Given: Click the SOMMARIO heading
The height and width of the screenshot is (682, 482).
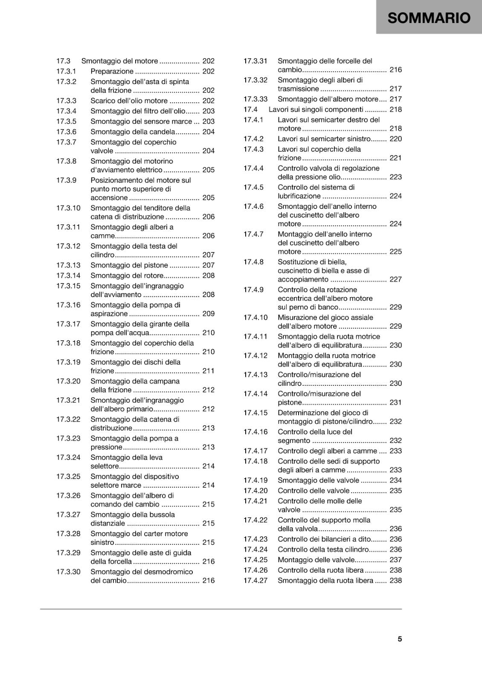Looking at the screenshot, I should (x=429, y=18).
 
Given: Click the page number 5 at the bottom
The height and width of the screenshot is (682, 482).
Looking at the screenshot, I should (x=400, y=639).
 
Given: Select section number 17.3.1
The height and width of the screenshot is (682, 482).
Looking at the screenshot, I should (x=66, y=71).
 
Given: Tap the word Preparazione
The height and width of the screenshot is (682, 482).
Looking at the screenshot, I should (x=112, y=71).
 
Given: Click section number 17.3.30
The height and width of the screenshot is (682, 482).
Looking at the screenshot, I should (x=68, y=572).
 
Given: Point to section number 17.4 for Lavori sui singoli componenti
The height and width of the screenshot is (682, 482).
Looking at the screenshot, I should (x=250, y=109).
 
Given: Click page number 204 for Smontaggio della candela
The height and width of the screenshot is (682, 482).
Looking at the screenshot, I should (x=209, y=132).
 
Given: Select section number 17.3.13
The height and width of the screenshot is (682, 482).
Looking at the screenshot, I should (x=68, y=265).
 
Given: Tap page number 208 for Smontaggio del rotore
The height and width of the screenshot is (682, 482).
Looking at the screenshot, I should (x=209, y=275).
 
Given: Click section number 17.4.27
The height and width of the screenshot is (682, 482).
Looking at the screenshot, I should (x=256, y=580).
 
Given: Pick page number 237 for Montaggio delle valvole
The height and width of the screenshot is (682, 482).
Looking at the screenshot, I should (x=396, y=560).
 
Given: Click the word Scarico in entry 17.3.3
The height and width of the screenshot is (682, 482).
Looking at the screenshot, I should (x=104, y=101).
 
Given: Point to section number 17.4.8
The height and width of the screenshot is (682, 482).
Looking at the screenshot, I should (x=253, y=262).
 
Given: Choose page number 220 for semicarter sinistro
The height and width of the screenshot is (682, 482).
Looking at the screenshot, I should (x=396, y=139).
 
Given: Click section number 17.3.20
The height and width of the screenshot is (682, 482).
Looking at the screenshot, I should (x=68, y=381).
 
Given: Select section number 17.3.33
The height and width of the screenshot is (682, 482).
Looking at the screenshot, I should (x=256, y=99).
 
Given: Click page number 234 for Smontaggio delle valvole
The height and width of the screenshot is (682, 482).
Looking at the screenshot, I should (x=396, y=480).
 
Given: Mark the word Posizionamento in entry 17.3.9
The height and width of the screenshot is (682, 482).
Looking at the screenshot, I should (x=115, y=180).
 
